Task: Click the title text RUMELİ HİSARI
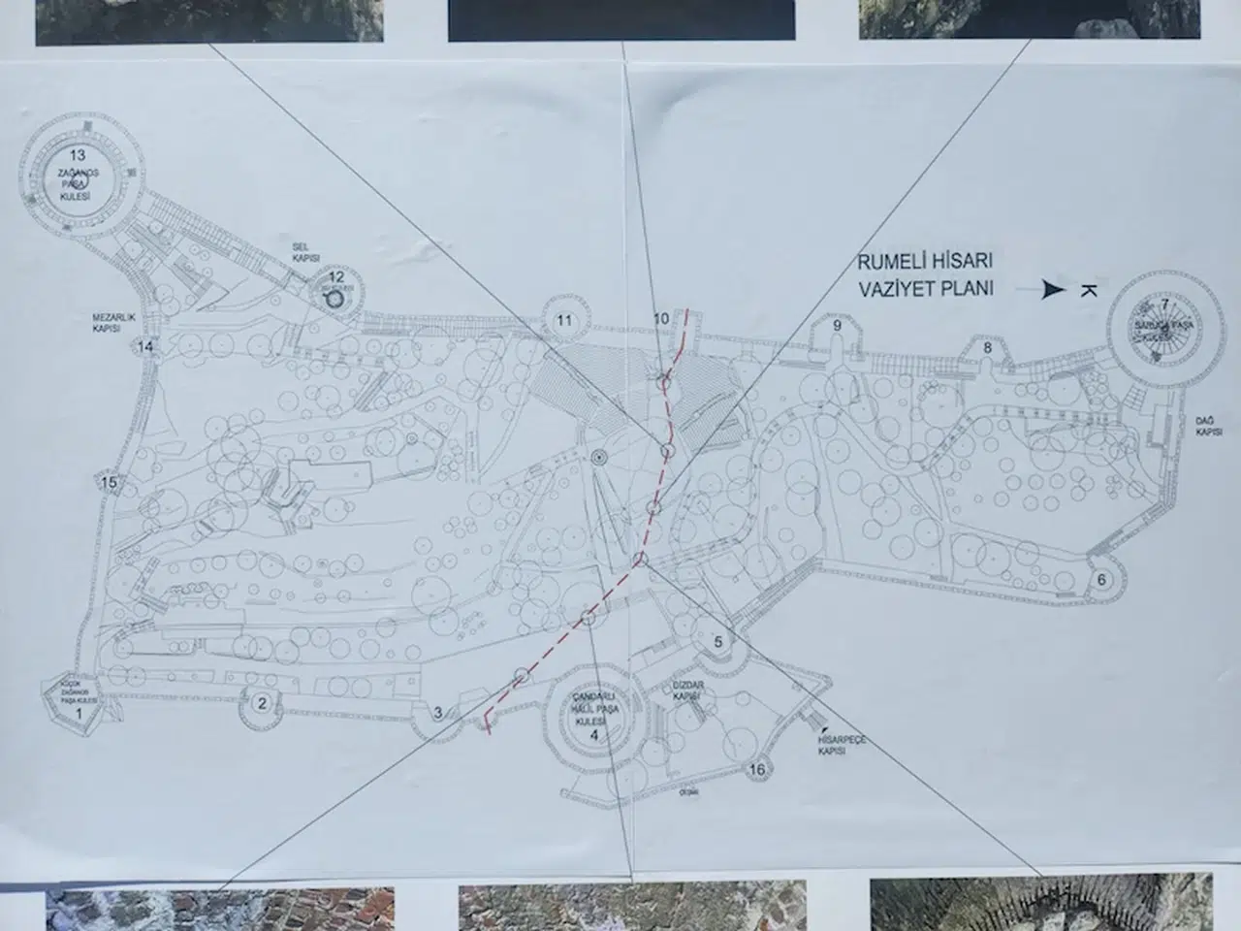point(924,262)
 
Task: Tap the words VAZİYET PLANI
point(925,288)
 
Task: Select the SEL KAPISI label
point(305,254)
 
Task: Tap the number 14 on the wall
point(146,347)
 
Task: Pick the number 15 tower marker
point(109,483)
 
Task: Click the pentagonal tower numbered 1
point(80,714)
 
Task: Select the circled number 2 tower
point(261,704)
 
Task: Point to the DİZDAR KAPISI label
point(687,690)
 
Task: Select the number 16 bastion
point(758,770)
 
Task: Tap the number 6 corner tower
point(1101,580)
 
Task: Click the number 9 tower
point(837,325)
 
